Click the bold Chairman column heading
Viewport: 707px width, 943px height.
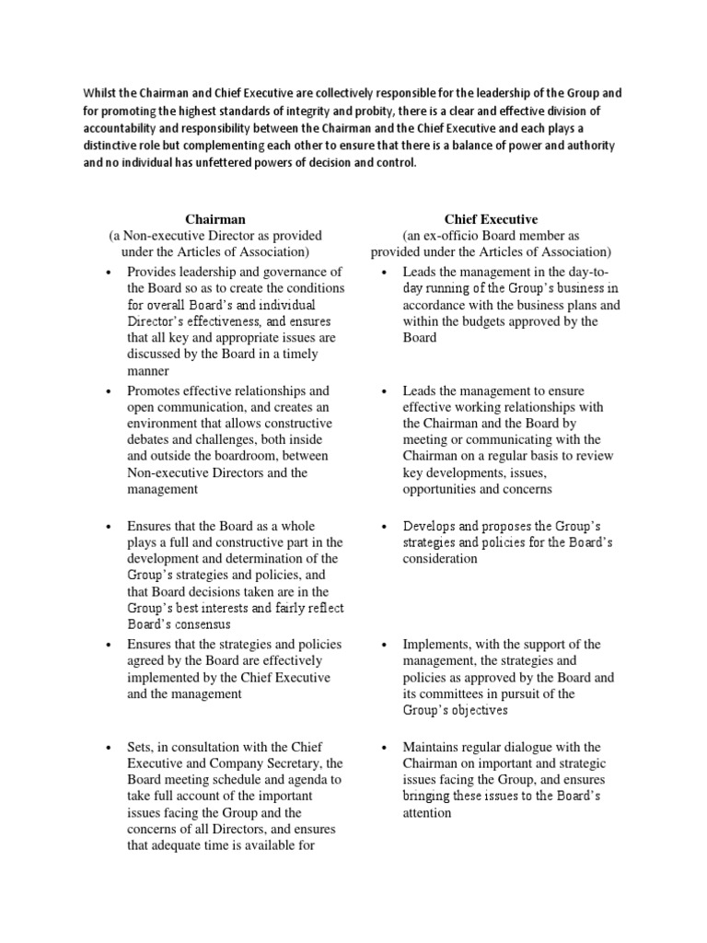click(215, 219)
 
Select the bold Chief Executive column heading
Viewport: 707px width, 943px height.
click(491, 219)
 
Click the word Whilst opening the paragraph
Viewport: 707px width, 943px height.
click(101, 93)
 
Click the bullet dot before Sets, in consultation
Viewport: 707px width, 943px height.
click(110, 747)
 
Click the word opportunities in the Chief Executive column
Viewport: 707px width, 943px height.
click(437, 490)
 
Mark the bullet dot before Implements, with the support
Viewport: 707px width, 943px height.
click(385, 646)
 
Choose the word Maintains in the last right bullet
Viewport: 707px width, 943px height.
click(432, 747)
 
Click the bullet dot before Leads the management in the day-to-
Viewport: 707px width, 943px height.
click(385, 272)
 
